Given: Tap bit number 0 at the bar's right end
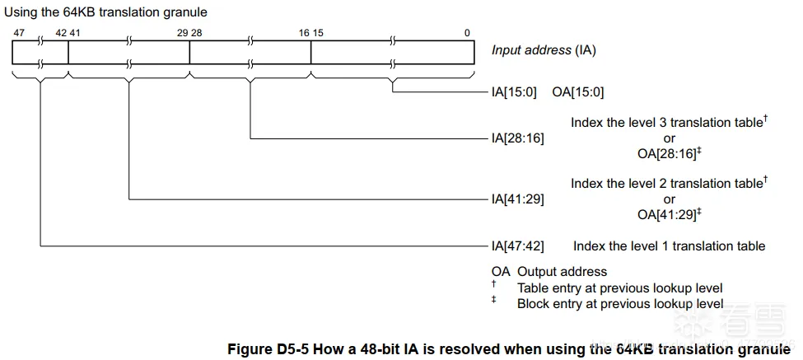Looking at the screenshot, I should click(467, 33).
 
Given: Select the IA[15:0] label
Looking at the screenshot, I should click(514, 92).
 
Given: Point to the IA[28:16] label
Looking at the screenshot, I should click(517, 138).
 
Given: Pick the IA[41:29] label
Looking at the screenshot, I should click(517, 199).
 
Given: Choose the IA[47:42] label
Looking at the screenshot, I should click(517, 245).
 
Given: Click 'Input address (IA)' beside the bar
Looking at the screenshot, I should click(544, 50).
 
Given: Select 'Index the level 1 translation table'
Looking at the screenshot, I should click(669, 245).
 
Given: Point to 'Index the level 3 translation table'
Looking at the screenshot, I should click(666, 123).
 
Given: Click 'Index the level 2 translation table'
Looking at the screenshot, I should click(666, 183).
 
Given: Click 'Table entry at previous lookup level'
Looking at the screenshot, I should click(620, 288).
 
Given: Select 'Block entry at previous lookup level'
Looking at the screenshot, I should click(620, 303).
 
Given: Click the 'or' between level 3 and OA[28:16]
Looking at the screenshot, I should click(669, 138).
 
